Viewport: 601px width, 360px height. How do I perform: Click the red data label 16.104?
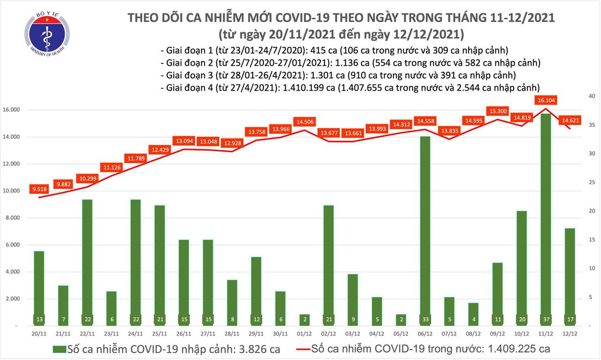tap(545, 100)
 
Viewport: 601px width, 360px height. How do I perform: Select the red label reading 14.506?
tap(303, 122)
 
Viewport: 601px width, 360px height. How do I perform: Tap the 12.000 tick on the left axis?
tap(13, 164)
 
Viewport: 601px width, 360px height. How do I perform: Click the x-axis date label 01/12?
tap(304, 333)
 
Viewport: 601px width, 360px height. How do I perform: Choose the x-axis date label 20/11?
tap(39, 333)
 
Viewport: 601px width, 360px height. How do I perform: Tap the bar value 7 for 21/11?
tap(63, 319)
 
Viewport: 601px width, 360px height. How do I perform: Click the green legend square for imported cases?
tap(59, 349)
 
